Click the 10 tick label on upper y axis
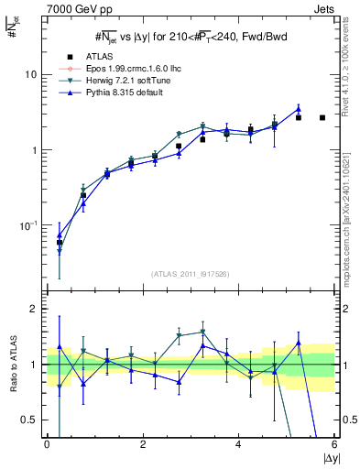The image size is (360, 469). point(32,74)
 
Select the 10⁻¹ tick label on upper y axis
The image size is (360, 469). point(30,224)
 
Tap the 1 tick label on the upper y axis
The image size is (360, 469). point(36,150)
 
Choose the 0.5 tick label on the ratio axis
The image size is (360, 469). point(31,420)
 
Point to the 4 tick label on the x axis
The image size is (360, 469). point(238,444)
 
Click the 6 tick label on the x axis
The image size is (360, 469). point(334,444)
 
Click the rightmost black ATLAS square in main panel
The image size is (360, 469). point(322,117)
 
